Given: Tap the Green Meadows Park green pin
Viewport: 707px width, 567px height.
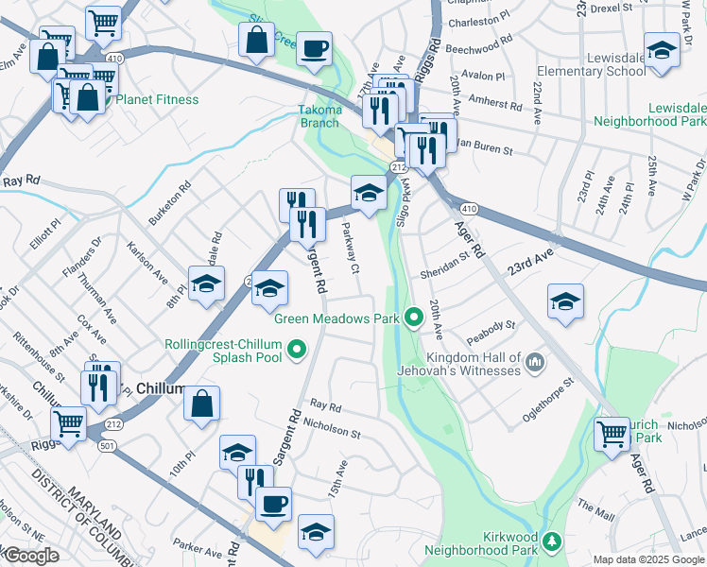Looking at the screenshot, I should pyautogui.click(x=413, y=318).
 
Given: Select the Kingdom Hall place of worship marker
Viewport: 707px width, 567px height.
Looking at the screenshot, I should pyautogui.click(x=535, y=362).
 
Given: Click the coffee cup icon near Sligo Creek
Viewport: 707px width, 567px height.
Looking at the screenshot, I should pyautogui.click(x=314, y=47).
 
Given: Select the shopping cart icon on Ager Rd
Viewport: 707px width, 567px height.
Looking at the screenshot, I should pyautogui.click(x=612, y=434).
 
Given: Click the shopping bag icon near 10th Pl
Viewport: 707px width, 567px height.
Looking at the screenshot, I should pyautogui.click(x=201, y=404).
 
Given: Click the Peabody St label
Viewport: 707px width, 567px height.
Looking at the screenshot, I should pyautogui.click(x=496, y=326).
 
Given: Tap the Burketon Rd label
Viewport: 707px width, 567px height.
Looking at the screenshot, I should pyautogui.click(x=169, y=202).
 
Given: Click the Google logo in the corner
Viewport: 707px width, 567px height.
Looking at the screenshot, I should pyautogui.click(x=30, y=556).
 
